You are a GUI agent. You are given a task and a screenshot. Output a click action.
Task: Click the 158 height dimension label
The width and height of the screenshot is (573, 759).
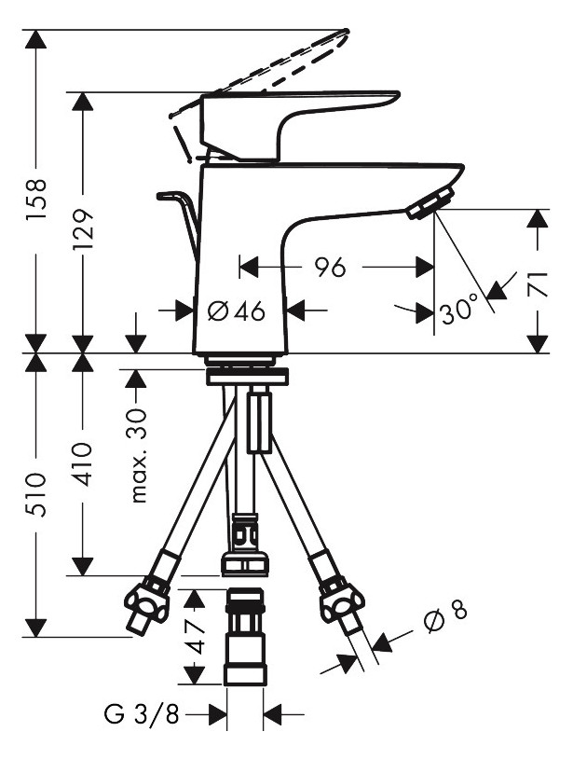(36, 199)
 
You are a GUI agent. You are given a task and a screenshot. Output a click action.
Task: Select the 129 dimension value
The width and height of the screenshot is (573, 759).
(83, 229)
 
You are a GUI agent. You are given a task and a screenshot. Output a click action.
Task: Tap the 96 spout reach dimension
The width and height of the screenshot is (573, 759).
(330, 267)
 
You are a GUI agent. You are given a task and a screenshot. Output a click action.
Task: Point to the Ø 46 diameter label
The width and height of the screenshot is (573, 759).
(237, 310)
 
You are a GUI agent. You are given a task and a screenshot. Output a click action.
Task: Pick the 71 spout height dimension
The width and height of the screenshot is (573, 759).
(538, 283)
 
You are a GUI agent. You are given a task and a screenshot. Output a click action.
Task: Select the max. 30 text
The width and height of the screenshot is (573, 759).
(138, 456)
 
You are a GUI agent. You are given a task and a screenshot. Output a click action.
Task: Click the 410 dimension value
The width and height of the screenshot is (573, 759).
(82, 463)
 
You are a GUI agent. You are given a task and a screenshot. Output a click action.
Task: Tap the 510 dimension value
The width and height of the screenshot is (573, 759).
(36, 495)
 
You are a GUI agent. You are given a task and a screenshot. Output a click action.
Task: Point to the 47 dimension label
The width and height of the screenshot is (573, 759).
(195, 636)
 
